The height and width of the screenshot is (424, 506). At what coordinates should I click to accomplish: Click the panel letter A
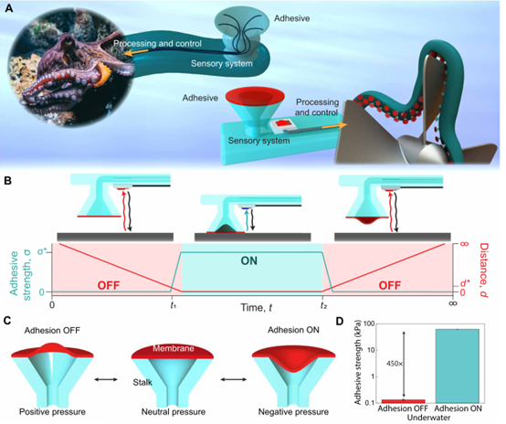click(x=9, y=8)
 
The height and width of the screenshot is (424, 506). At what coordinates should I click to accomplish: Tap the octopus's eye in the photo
click(x=69, y=41)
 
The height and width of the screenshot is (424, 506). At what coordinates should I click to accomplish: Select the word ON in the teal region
click(x=248, y=260)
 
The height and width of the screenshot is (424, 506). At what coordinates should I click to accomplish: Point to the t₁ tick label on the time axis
click(x=174, y=305)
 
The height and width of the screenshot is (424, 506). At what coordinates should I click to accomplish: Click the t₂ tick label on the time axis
click(x=323, y=305)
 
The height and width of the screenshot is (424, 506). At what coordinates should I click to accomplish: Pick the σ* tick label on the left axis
click(x=42, y=250)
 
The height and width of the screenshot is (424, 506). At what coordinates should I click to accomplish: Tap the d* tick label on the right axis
click(x=464, y=283)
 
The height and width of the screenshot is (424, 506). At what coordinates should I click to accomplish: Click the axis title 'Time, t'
click(x=256, y=307)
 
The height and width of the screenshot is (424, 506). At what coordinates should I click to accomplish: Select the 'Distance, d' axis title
click(x=483, y=270)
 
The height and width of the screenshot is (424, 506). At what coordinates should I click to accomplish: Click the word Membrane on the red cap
click(x=174, y=348)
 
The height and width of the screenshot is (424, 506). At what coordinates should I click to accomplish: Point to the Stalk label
click(x=142, y=382)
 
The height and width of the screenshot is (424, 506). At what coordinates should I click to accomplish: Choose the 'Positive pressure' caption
click(x=52, y=412)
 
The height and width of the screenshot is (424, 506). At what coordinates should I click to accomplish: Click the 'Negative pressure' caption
click(x=293, y=412)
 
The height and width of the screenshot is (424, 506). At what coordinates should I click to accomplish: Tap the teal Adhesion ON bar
click(x=458, y=366)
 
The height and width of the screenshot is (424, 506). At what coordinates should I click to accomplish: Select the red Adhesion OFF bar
click(x=403, y=401)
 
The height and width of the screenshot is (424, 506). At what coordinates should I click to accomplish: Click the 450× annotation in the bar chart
click(x=395, y=364)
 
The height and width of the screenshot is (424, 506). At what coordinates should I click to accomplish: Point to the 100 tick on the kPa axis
click(x=369, y=323)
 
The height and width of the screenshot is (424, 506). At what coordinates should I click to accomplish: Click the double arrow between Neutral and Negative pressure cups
click(x=233, y=379)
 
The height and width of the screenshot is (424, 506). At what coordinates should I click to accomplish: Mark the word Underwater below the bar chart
click(x=428, y=418)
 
